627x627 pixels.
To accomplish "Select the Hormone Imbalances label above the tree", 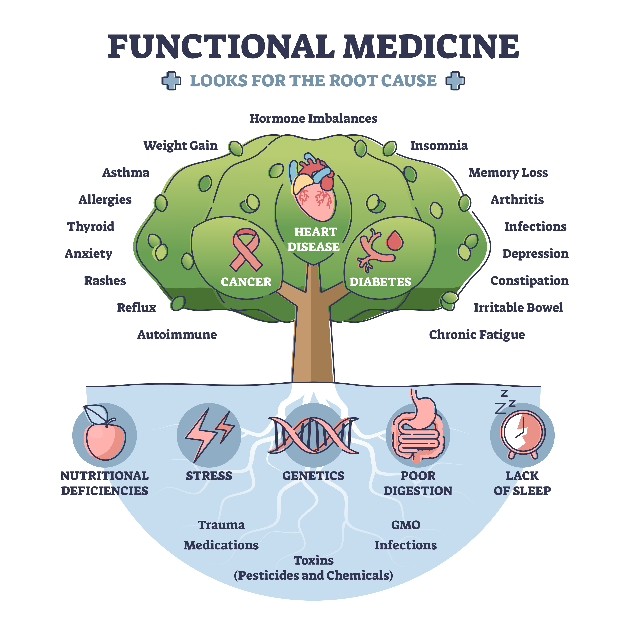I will [313, 119].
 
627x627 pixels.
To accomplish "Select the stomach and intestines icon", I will [418, 430].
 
